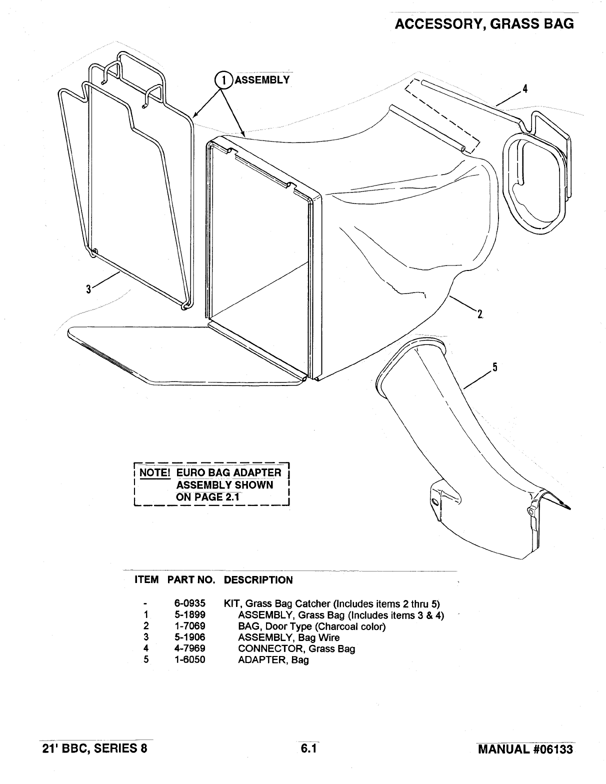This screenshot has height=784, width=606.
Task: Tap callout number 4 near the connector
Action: click(x=525, y=89)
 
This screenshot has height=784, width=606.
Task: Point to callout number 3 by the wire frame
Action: click(x=88, y=289)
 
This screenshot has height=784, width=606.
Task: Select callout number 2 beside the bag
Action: click(x=479, y=313)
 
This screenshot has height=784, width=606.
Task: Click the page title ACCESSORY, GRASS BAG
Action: click(x=484, y=23)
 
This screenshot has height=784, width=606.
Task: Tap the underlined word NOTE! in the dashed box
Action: click(x=155, y=473)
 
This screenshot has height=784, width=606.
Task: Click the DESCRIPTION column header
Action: click(x=258, y=580)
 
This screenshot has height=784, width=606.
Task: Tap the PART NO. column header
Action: click(x=191, y=580)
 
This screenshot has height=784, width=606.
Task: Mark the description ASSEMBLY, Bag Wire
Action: click(x=288, y=637)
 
